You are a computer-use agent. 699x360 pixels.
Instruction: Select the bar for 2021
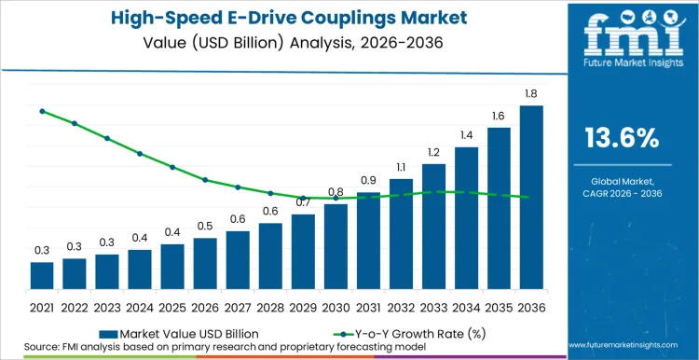[x=42, y=275]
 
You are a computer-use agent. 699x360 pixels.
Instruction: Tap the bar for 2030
[x=336, y=246]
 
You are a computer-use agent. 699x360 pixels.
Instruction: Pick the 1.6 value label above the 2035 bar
[x=499, y=116]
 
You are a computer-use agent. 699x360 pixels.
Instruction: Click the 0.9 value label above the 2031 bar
[x=368, y=180]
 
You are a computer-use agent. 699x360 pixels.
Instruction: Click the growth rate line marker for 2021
[x=42, y=111]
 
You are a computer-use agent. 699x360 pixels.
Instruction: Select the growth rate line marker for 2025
[x=172, y=167]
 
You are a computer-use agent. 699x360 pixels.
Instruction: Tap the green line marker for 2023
[x=107, y=138]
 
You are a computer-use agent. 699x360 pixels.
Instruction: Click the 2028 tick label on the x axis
[x=270, y=306]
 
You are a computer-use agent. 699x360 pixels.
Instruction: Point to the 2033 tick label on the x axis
[x=433, y=306]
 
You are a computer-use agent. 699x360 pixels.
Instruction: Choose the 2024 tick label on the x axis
[x=140, y=306]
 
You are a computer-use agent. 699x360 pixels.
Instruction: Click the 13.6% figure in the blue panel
[x=622, y=139]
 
